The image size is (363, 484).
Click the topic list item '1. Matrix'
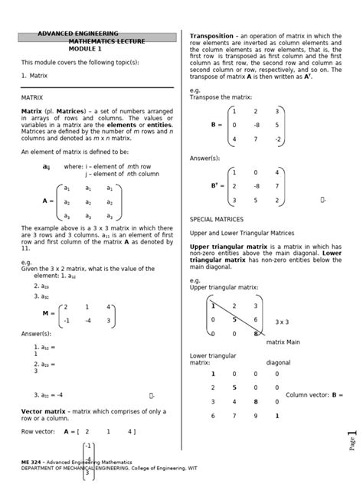(34, 76)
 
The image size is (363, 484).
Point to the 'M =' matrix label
(48, 313)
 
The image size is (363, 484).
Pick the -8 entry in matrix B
(256, 125)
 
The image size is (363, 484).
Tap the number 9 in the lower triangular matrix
(256, 416)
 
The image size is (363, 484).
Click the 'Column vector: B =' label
(314, 394)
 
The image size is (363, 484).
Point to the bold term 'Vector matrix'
(41, 411)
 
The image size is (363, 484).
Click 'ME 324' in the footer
(31, 463)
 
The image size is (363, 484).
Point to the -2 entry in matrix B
(278, 139)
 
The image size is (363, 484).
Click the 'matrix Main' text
(283, 342)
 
